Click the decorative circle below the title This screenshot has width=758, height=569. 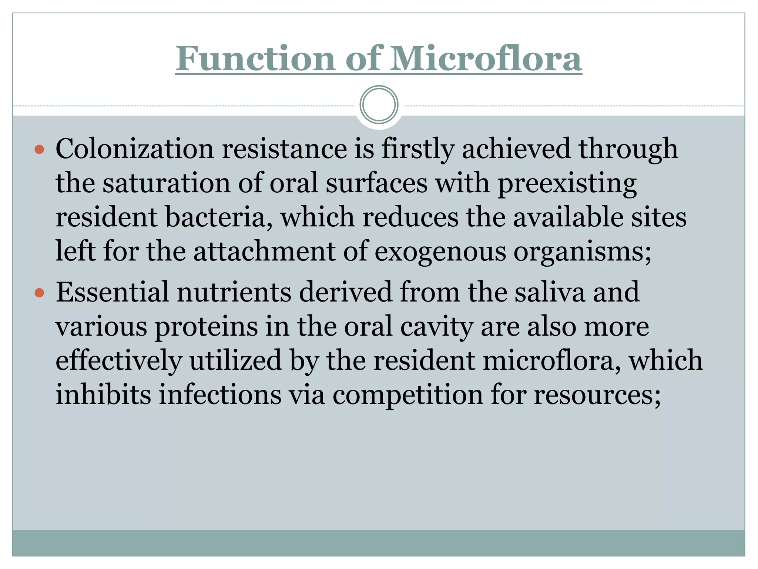pos(379,104)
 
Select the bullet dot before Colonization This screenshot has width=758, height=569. pos(39,150)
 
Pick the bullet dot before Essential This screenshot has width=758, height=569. pos(39,293)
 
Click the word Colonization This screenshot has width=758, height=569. pos(135,149)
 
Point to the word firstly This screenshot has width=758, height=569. pos(417,149)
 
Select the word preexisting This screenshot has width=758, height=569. pos(567,184)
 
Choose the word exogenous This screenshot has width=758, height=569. pos(440,252)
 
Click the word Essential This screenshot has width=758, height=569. pos(113,292)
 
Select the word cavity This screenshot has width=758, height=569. pos(437,327)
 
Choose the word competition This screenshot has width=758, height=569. pos(407,395)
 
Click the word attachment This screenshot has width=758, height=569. pos(264,252)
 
